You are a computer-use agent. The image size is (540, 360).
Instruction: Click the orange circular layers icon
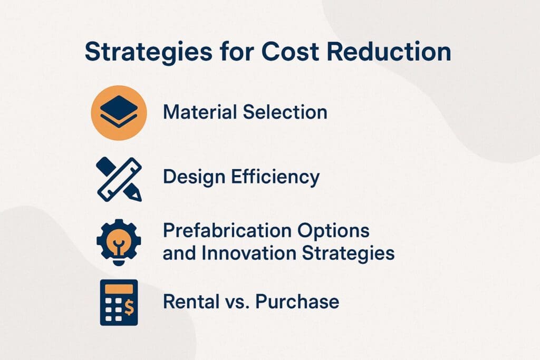point(119,113)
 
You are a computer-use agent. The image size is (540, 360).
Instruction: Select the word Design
point(189,178)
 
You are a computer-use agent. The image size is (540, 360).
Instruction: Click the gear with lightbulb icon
point(119,240)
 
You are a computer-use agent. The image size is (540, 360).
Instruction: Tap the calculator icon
point(119,303)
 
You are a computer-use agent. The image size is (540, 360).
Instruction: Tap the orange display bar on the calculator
point(119,289)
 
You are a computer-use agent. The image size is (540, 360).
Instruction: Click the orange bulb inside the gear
point(119,239)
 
